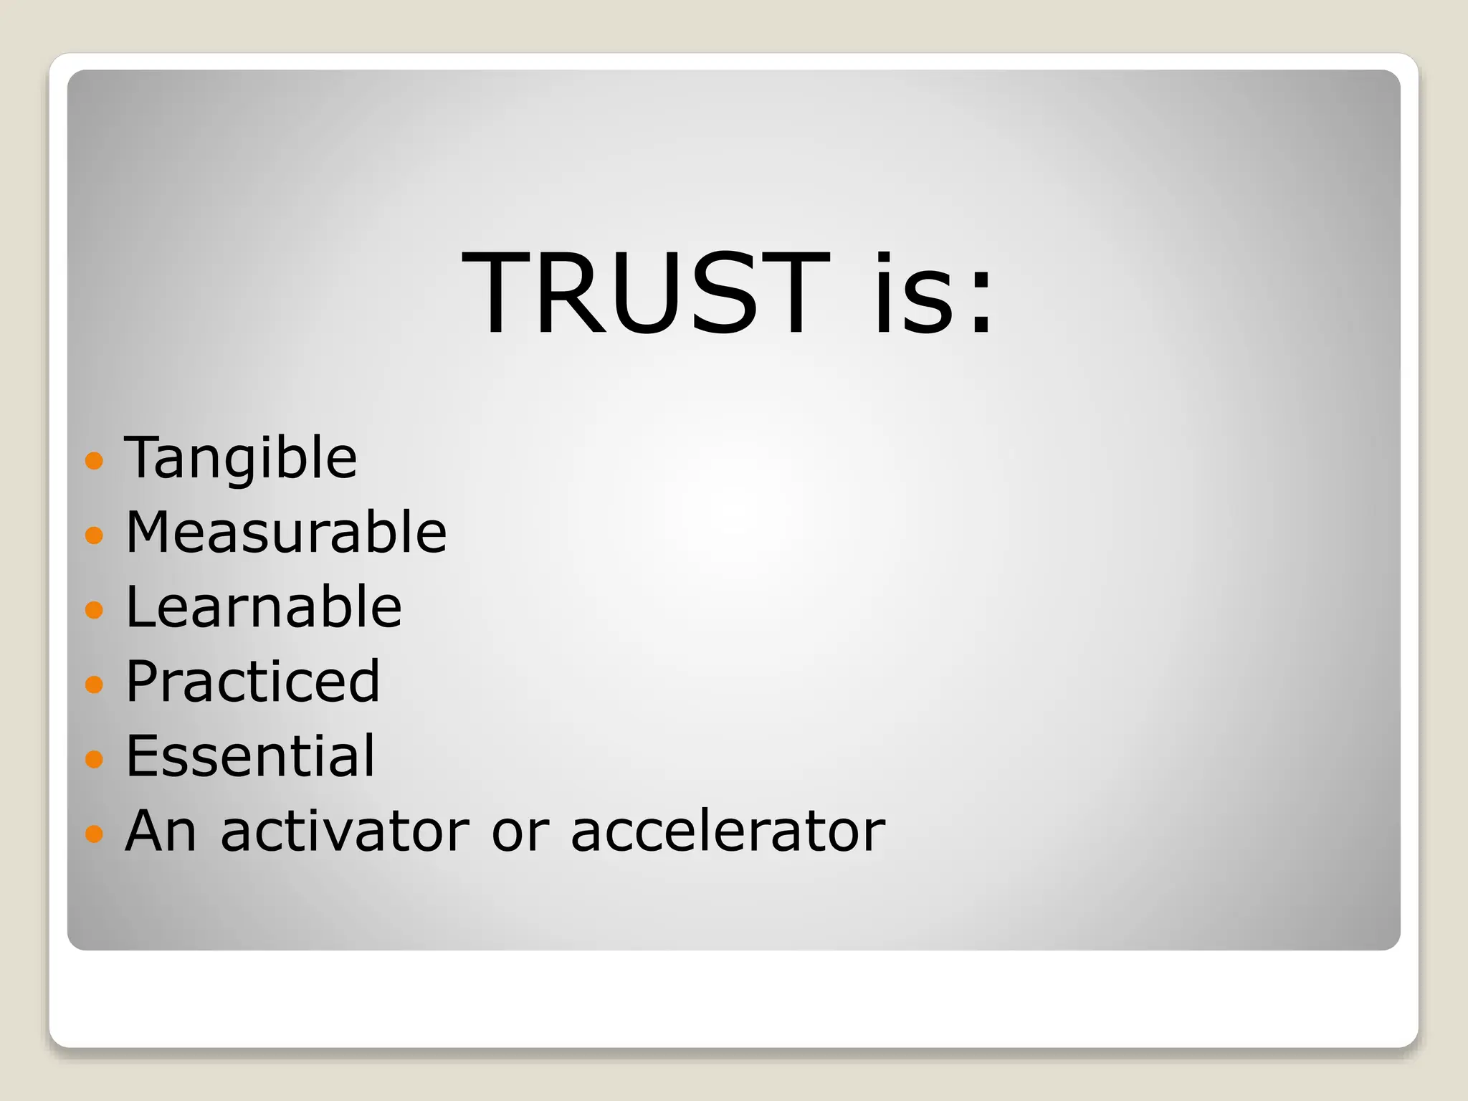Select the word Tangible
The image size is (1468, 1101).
point(241,458)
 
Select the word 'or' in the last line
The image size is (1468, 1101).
point(520,831)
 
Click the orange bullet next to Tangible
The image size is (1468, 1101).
point(94,460)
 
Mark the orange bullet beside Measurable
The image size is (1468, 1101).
point(94,535)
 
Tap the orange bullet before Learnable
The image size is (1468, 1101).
point(94,609)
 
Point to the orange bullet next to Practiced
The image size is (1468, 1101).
point(94,684)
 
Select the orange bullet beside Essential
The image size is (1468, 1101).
point(94,758)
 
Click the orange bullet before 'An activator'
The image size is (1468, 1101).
point(94,833)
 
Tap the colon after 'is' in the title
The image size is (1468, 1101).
point(981,305)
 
